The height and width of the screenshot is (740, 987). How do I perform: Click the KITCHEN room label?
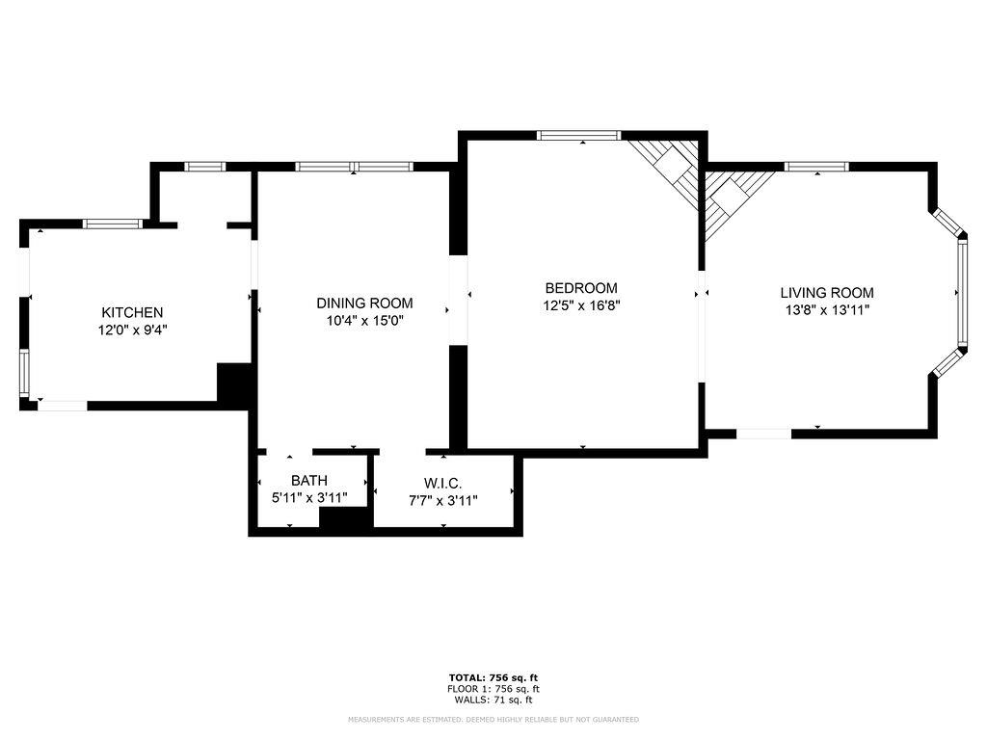132,312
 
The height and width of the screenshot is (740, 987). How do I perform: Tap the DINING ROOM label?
364,303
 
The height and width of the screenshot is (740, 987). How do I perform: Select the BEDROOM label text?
580,287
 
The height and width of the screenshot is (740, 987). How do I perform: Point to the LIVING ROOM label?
826,293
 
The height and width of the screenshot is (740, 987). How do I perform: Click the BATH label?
308,480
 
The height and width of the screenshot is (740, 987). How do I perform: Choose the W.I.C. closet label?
442,483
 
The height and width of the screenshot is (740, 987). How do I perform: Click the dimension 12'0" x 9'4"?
132,330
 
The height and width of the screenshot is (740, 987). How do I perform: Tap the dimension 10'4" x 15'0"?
364,320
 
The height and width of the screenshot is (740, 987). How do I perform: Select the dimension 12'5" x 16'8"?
580,304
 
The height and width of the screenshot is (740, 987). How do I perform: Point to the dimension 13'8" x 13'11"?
826,310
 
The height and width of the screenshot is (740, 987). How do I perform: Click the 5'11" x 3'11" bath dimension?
308,498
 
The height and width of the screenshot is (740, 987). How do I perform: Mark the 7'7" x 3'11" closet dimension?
442,499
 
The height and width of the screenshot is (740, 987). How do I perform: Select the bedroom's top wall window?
578,135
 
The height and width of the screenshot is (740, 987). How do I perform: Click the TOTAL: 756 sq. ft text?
493,678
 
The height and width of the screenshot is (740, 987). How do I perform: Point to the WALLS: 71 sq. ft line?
493,700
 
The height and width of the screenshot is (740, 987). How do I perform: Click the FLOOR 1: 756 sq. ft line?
493,689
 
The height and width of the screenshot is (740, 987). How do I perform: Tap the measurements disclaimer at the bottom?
493,720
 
